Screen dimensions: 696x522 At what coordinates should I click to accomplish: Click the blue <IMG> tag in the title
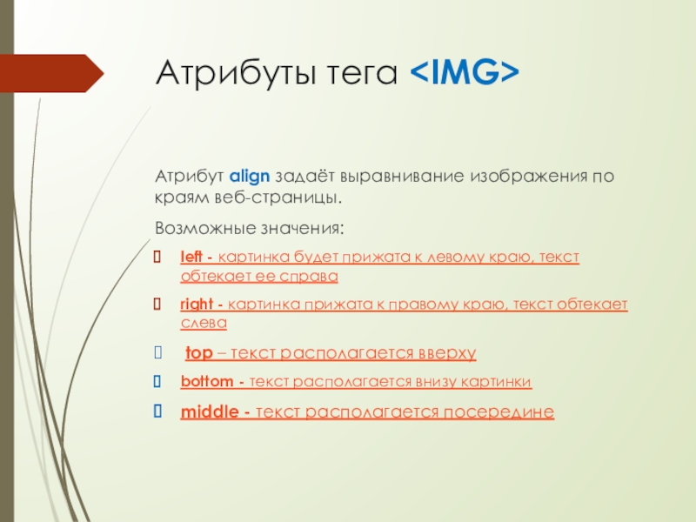tap(465, 72)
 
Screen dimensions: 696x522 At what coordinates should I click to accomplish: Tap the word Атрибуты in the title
tap(236, 73)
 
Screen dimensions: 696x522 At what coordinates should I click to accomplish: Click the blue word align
tap(250, 177)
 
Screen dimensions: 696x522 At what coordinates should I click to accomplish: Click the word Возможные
tap(205, 228)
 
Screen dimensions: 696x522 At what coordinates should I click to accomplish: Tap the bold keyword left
tap(191, 257)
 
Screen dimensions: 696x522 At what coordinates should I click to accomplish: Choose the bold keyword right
tap(197, 304)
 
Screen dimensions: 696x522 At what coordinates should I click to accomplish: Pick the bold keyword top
tap(199, 353)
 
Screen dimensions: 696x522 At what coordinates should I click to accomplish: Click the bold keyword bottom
tap(207, 381)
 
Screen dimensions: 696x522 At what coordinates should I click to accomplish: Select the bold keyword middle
tap(210, 412)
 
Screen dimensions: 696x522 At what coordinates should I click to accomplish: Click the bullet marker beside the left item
tap(157, 257)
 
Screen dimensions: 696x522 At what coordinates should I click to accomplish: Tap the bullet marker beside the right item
tap(157, 304)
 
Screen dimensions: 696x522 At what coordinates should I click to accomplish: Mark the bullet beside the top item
tap(158, 352)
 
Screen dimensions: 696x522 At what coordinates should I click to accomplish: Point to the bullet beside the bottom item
tap(157, 381)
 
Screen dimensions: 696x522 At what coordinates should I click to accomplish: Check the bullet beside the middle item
tap(157, 411)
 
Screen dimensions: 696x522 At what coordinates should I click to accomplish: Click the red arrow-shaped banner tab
tap(52, 73)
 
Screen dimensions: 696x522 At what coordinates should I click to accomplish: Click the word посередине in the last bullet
tap(499, 412)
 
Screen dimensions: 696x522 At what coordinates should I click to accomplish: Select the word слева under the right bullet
tap(204, 323)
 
